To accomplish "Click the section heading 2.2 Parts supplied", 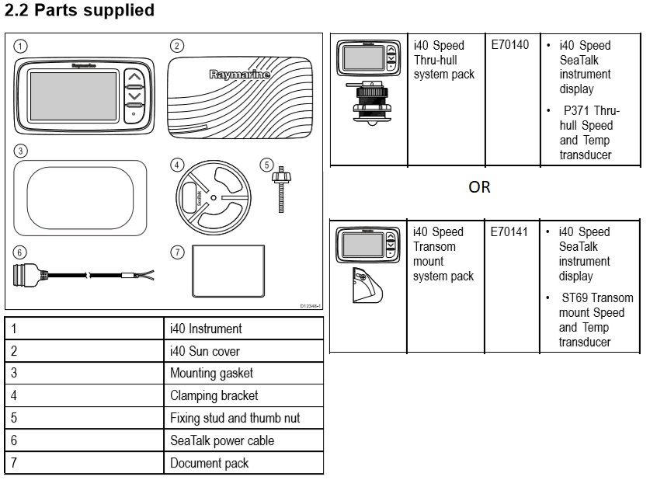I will (x=79, y=11).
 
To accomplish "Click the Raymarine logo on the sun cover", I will (x=239, y=75).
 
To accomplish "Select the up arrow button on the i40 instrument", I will (x=134, y=78).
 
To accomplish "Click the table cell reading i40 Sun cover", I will (x=205, y=351).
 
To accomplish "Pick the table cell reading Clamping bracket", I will (x=214, y=395).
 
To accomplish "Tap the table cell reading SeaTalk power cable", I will (x=222, y=440).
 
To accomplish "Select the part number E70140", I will (x=510, y=45).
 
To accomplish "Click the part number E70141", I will (x=510, y=231).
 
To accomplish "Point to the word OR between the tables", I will (x=479, y=187).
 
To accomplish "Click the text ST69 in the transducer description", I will (x=579, y=297).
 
